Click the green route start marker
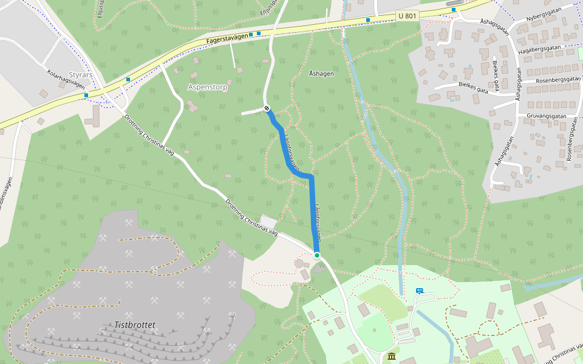click(317, 255)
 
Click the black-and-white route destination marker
click(267, 108)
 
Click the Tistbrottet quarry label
click(135, 325)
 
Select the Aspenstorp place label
click(208, 87)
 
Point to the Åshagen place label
click(321, 73)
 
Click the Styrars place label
click(80, 75)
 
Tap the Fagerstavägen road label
click(227, 38)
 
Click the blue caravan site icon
click(419, 291)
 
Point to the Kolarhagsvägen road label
click(66, 79)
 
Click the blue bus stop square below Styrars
click(86, 95)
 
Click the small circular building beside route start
click(299, 263)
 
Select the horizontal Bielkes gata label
click(474, 89)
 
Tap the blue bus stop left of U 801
click(367, 20)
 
